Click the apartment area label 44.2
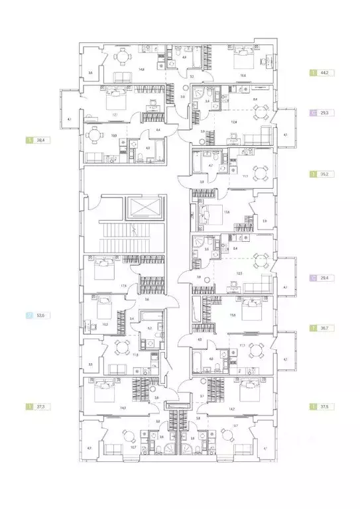(x=326, y=73)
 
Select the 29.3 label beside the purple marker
(x=326, y=113)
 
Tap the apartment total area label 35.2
(x=326, y=174)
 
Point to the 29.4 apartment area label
(x=326, y=279)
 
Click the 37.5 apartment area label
(x=326, y=406)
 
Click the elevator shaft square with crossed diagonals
(x=145, y=208)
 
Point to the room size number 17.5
(x=123, y=286)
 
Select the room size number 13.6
(x=226, y=212)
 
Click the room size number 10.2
(x=105, y=324)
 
